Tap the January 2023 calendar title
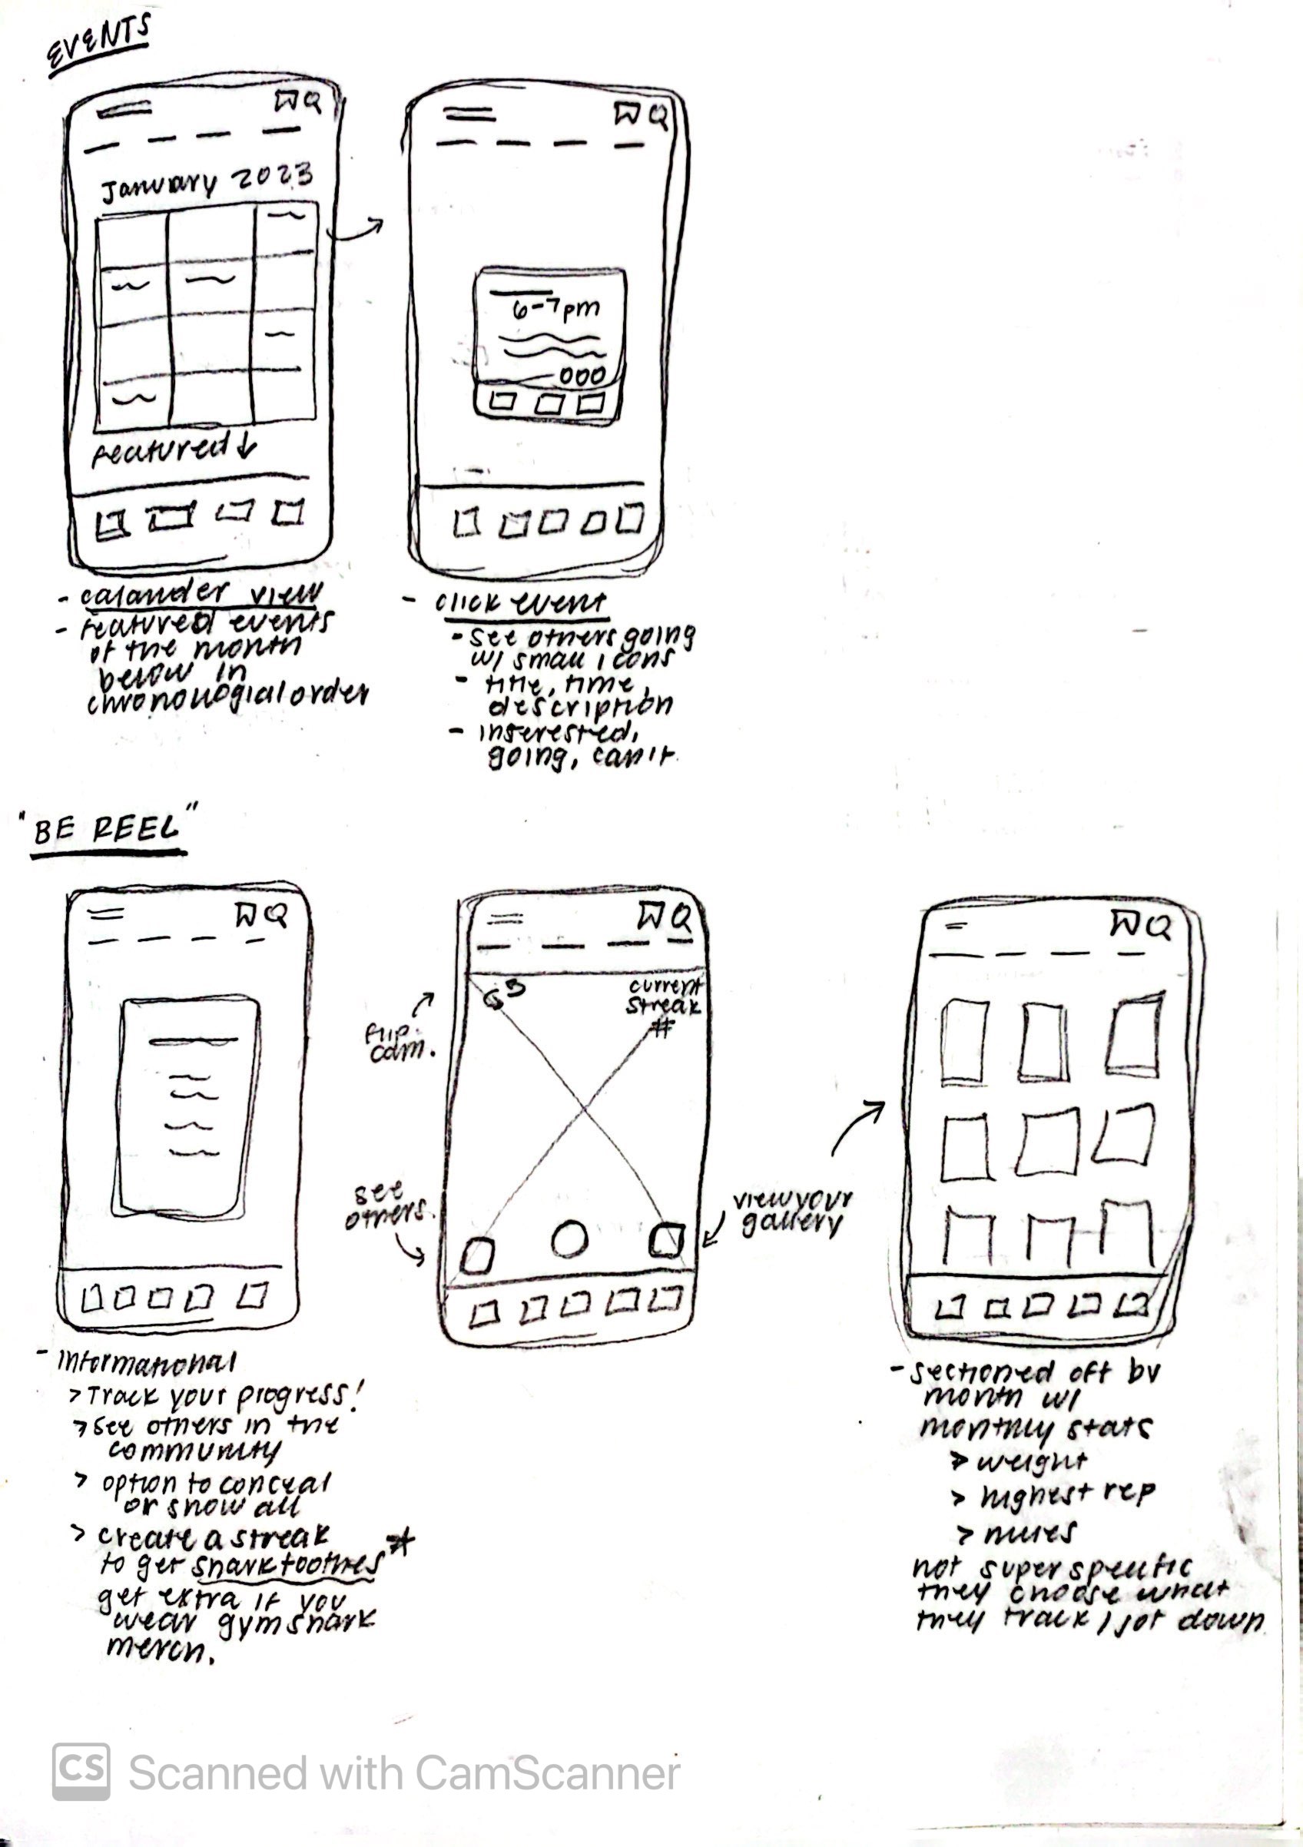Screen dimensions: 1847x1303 (x=206, y=182)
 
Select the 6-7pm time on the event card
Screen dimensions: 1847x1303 (x=556, y=309)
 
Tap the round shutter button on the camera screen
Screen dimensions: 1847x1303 (x=570, y=1239)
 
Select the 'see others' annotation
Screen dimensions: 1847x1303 (x=388, y=1207)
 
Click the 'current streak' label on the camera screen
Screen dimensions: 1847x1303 (x=664, y=996)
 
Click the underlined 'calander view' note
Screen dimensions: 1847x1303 (x=200, y=595)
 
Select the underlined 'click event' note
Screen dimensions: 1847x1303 (x=521, y=603)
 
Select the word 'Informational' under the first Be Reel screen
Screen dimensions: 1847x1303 (x=147, y=1362)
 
